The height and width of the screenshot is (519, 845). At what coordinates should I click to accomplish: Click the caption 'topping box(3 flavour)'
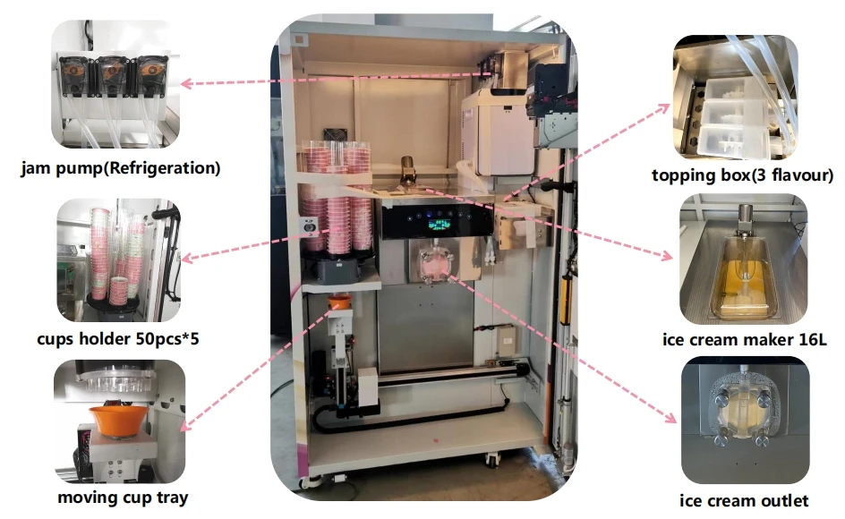(x=743, y=175)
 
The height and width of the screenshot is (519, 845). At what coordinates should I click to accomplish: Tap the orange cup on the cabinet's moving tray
(x=338, y=304)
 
